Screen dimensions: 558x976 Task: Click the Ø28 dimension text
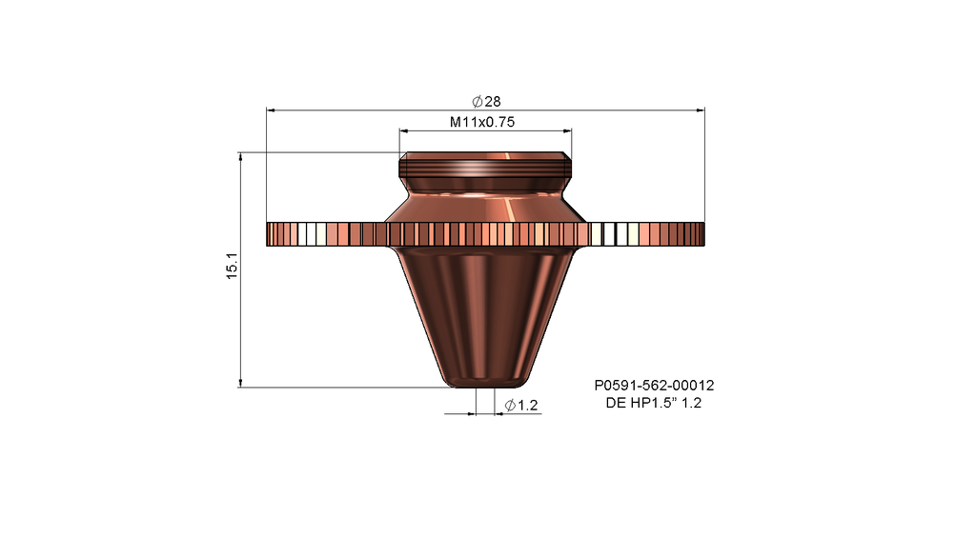[487, 102]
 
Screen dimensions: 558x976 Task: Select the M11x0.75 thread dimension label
[488, 122]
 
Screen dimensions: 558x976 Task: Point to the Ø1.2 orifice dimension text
[521, 406]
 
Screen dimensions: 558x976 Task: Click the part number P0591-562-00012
[654, 386]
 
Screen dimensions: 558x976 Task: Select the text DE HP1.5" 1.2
[654, 404]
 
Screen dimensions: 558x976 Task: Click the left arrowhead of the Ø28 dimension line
[272, 110]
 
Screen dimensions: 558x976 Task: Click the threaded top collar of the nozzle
[486, 169]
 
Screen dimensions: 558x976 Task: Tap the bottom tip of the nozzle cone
[486, 383]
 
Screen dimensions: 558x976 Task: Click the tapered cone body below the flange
[486, 305]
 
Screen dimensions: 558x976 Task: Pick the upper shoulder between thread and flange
[486, 204]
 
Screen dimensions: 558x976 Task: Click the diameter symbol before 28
[477, 102]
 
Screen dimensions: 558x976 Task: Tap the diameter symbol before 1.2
[510, 406]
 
